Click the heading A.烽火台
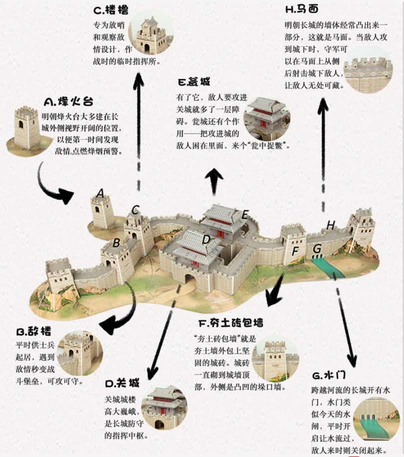[x=68, y=102]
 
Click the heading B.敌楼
[x=33, y=332]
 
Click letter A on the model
[x=100, y=193]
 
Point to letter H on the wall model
[x=331, y=225]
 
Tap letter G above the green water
[x=317, y=248]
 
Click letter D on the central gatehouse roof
[x=206, y=239]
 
